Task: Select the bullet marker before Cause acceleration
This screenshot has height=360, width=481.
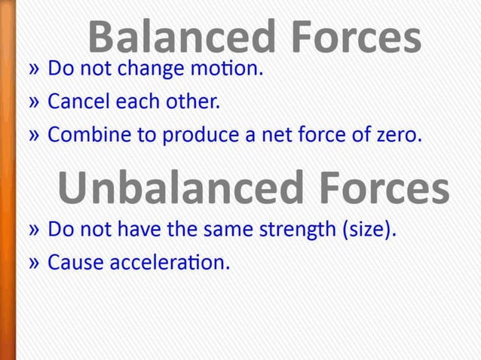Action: pos(34,264)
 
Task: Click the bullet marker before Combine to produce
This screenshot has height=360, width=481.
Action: pos(34,136)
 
